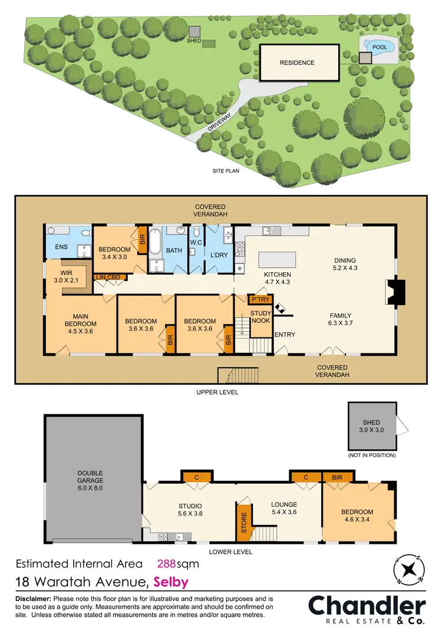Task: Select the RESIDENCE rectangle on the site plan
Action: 298,62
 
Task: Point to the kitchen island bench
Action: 277,260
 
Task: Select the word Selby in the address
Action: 171,582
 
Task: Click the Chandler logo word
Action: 367,606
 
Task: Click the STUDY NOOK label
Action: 260,316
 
